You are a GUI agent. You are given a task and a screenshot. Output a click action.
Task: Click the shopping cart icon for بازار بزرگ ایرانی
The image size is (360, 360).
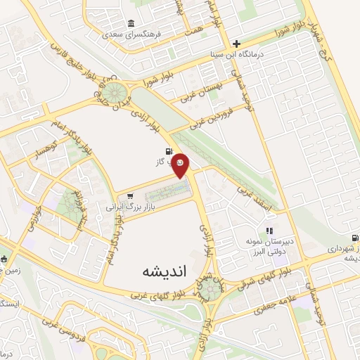click(x=128, y=196)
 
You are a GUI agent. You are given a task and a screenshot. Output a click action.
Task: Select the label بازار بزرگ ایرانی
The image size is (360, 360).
click(x=128, y=207)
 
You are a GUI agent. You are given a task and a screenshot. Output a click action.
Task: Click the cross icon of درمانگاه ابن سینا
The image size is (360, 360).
click(x=237, y=43)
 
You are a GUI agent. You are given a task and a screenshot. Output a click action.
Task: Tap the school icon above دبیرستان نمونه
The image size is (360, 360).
click(x=268, y=230)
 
